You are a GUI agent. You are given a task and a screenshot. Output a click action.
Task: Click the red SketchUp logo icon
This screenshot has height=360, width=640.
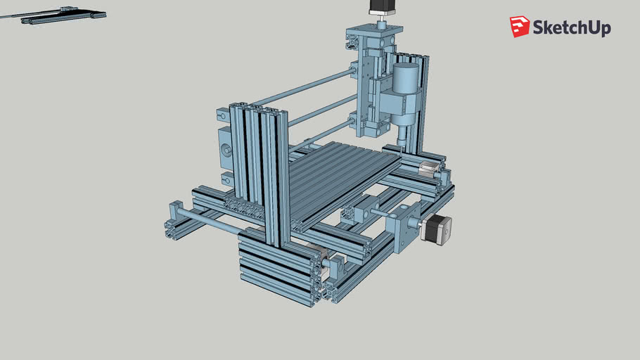point(520,27)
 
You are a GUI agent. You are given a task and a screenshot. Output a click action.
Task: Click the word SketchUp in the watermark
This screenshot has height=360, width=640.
point(571,28)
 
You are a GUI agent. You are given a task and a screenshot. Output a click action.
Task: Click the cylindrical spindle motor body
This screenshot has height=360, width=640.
point(406,79)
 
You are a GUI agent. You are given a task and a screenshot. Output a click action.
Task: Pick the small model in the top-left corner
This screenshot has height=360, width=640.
point(63,15)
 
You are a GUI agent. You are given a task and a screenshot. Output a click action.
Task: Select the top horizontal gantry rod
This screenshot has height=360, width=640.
point(302,88)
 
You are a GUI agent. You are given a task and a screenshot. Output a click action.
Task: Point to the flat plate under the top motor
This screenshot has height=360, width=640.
point(373,31)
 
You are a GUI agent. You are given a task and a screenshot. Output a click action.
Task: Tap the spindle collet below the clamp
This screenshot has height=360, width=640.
point(402,134)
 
